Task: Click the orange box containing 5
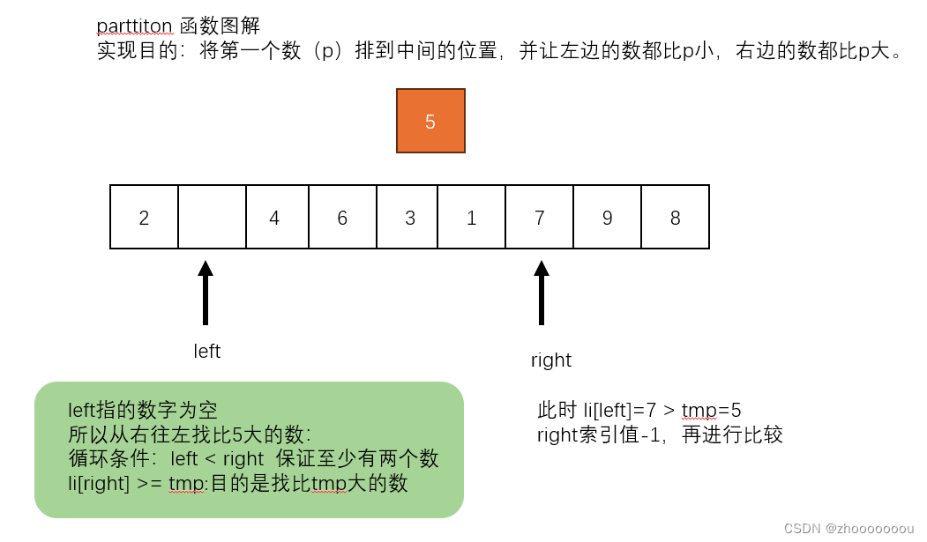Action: tap(430, 122)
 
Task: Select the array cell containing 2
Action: tap(144, 217)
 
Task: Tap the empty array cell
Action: tap(212, 217)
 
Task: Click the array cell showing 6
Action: tap(342, 217)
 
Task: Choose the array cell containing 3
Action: tap(409, 217)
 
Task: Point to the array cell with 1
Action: tap(472, 217)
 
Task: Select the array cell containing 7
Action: tap(540, 217)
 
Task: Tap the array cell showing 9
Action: tap(607, 217)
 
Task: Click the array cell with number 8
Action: tap(676, 217)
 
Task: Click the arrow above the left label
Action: tap(206, 293)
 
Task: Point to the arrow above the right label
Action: tap(542, 293)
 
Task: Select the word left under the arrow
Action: tap(206, 352)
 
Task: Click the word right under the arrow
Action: tap(550, 360)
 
